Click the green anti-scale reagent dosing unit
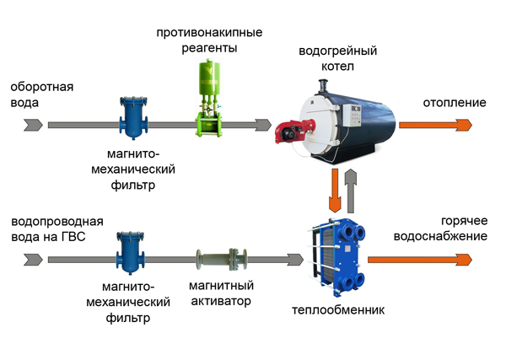tap(209, 98)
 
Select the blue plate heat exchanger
tap(337, 257)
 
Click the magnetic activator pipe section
tap(222, 260)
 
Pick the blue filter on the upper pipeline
tap(133, 118)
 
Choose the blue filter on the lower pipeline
tap(131, 253)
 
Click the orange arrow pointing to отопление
tap(436, 125)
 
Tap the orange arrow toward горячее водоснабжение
tap(420, 260)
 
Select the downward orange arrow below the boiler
tap(335, 191)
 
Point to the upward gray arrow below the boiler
tap(351, 191)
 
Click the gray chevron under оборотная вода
tap(33, 125)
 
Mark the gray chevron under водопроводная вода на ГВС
tap(33, 260)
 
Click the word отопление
tap(455, 103)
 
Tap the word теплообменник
tap(338, 310)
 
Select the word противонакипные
tap(209, 33)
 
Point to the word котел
tap(337, 66)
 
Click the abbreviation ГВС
tap(73, 237)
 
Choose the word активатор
tap(221, 301)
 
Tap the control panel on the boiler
tap(355, 116)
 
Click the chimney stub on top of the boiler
tap(323, 86)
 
